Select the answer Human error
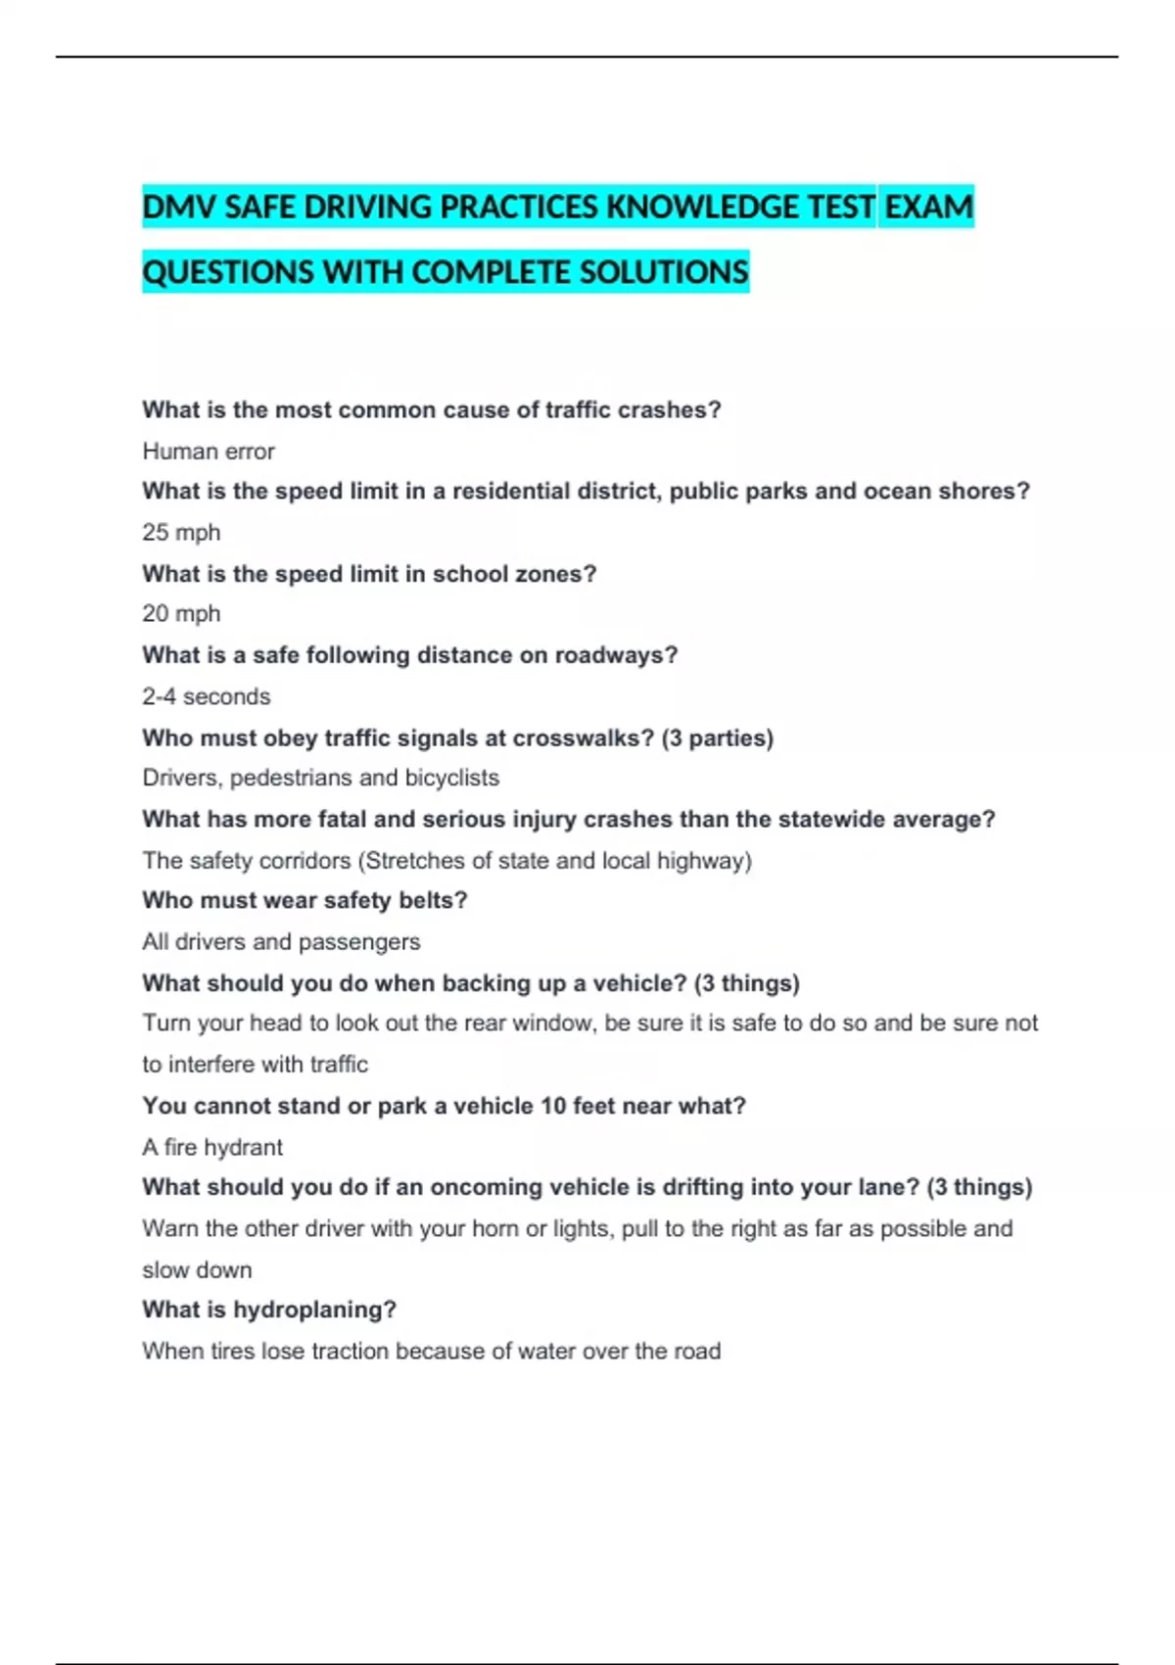209,452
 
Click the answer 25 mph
181,533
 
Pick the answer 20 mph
181,614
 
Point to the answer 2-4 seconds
206,696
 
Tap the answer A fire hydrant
212,1147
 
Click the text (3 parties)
718,738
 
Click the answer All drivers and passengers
281,942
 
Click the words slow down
197,1270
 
